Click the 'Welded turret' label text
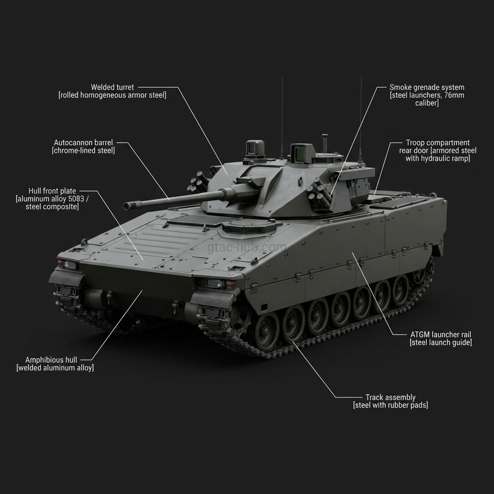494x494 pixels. (112, 87)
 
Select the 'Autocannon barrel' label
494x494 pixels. (83, 143)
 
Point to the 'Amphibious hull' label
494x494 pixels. (51, 360)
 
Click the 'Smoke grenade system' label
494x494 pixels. (426, 87)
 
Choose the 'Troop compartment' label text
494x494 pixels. (438, 143)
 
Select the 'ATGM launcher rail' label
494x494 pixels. (440, 335)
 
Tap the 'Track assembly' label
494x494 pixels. (390, 398)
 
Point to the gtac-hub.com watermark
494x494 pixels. (247, 247)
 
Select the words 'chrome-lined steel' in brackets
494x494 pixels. (83, 151)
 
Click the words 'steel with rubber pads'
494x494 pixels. (390, 405)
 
